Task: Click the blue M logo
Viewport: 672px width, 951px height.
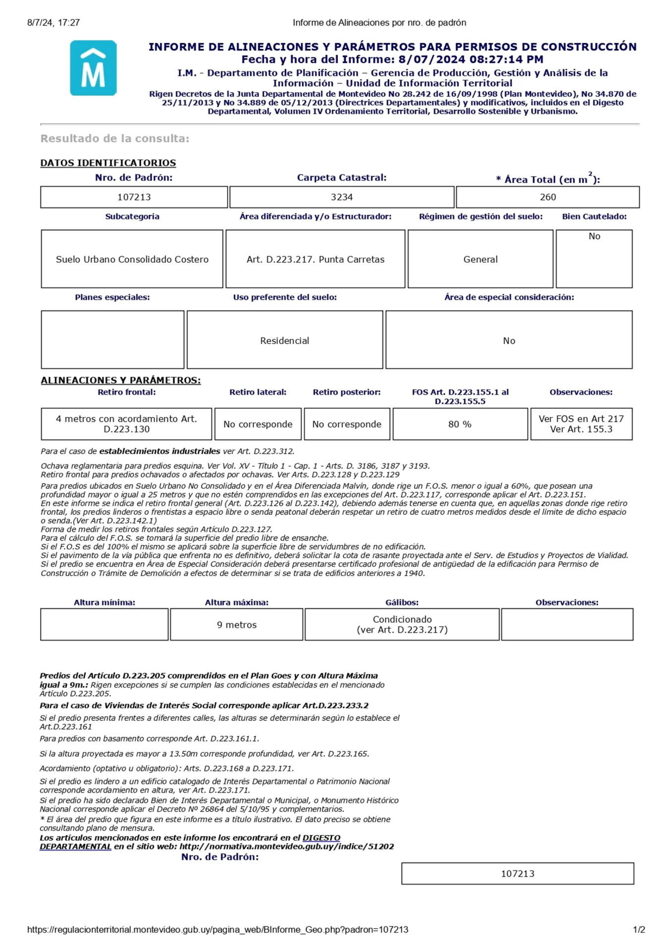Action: tap(93, 68)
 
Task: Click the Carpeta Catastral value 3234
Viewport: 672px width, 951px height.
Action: tap(342, 197)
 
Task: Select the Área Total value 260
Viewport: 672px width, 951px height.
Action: tap(548, 197)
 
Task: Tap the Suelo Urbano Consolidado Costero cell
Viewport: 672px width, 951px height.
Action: tap(132, 259)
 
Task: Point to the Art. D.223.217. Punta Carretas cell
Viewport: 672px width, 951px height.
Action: tap(315, 259)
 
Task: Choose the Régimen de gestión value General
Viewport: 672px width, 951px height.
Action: tap(480, 259)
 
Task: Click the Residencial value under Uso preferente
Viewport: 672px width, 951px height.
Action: tap(285, 341)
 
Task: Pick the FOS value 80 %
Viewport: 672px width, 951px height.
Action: tap(460, 424)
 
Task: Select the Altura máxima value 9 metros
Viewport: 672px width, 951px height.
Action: tap(237, 625)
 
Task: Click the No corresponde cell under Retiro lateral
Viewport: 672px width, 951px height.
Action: tap(258, 424)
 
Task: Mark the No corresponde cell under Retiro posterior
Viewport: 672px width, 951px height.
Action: tap(347, 424)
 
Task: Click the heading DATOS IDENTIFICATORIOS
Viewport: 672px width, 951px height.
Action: tap(108, 163)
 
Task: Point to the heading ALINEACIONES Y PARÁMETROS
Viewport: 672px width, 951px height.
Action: tap(120, 380)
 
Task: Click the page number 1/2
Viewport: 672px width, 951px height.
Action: tap(639, 930)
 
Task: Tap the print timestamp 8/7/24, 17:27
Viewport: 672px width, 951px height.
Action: tap(53, 23)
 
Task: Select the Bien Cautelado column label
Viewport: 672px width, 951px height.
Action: tap(594, 216)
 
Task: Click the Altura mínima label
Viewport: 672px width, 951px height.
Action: tap(104, 602)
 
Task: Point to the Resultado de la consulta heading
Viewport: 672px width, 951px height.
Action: tap(115, 139)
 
